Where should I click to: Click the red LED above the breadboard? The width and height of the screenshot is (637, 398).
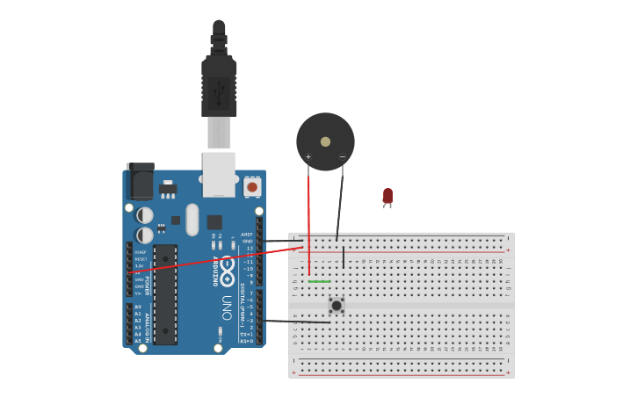click(x=387, y=196)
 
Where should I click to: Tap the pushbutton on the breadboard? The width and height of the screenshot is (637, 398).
click(x=337, y=305)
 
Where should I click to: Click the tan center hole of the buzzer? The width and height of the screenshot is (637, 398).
click(x=325, y=141)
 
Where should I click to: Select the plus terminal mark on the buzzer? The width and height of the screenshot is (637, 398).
click(x=308, y=157)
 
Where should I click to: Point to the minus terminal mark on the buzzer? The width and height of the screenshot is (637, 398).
click(x=342, y=157)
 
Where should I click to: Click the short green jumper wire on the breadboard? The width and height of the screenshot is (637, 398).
click(x=320, y=281)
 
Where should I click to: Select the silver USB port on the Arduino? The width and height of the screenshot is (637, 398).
click(x=219, y=173)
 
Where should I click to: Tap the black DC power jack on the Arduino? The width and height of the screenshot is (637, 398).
click(x=140, y=180)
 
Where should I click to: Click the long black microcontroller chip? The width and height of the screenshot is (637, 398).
click(x=164, y=294)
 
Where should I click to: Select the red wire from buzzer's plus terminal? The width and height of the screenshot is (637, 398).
click(x=308, y=220)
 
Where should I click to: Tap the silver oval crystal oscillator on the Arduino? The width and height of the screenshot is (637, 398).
click(x=192, y=219)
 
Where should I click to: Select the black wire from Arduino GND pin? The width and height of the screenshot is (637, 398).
click(x=281, y=241)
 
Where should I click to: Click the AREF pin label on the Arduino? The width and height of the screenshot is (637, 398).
click(x=247, y=235)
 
